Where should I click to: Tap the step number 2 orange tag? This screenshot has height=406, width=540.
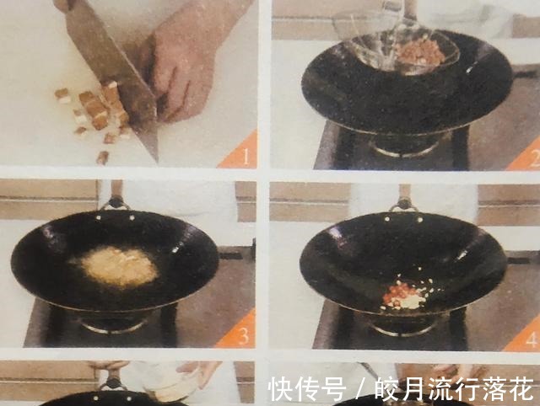527,154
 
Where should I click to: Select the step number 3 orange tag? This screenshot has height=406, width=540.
240,334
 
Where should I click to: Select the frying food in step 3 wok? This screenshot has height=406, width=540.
119,266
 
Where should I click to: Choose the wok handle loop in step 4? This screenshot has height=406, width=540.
402,203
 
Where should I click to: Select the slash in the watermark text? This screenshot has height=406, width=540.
359,389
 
